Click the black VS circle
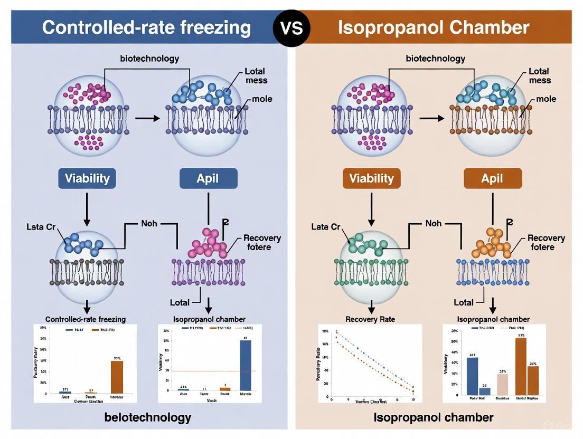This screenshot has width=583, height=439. click(291, 27)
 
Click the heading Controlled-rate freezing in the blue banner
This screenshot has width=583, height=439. click(146, 27)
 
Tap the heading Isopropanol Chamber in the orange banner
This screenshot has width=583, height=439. click(433, 27)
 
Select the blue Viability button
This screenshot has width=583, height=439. click(87, 178)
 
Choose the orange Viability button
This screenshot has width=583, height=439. click(371, 178)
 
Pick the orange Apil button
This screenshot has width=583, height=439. click(492, 178)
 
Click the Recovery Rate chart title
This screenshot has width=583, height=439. click(370, 319)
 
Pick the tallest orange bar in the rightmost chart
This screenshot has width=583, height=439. click(521, 366)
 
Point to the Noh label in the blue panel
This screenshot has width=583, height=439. click(149, 224)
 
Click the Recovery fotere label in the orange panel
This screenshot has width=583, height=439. click(546, 243)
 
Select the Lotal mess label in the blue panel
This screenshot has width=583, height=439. click(256, 75)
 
